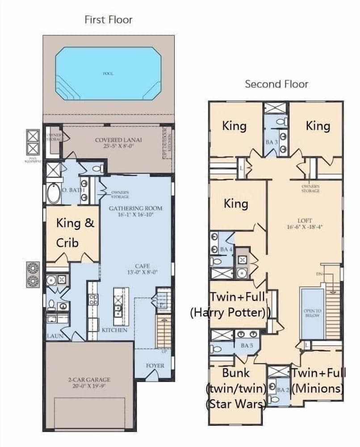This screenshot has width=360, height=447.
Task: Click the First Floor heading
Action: pyautogui.click(x=108, y=20)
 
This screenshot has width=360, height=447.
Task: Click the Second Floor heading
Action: pyautogui.click(x=276, y=84)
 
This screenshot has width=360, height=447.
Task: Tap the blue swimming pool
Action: pyautogui.click(x=108, y=73)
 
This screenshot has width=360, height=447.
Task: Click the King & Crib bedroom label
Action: pyautogui.click(x=75, y=232)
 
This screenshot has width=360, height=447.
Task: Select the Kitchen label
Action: pyautogui.click(x=114, y=330)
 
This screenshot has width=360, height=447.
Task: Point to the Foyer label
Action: pyautogui.click(x=155, y=366)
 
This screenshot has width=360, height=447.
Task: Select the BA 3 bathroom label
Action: pyautogui.click(x=270, y=142)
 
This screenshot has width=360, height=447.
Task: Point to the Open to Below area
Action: pyautogui.click(x=312, y=313)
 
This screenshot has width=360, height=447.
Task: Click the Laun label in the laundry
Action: pyautogui.click(x=54, y=335)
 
